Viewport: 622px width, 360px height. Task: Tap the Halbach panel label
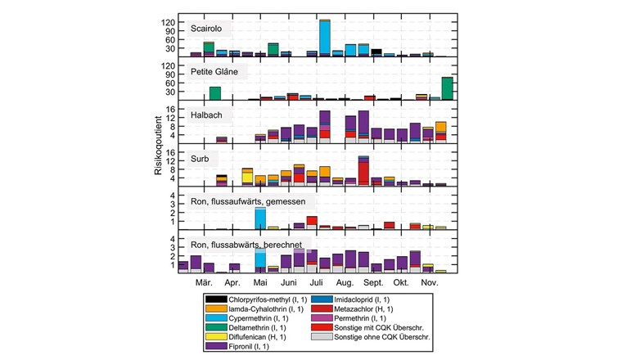[x=211, y=115]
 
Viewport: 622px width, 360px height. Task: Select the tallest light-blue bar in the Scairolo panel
[x=325, y=38]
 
